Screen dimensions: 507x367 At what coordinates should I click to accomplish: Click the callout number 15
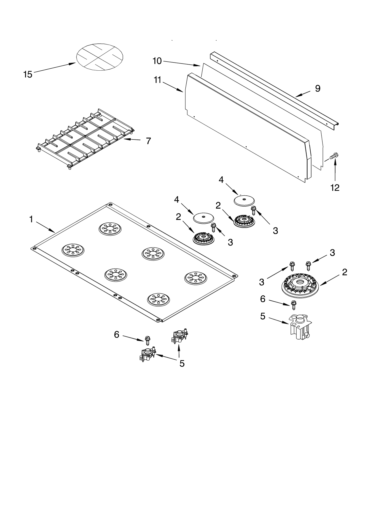(28, 74)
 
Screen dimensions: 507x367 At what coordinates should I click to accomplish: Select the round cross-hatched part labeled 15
(100, 57)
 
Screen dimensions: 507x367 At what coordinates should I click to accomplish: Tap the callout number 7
(148, 141)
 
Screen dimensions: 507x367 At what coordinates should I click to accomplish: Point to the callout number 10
(157, 61)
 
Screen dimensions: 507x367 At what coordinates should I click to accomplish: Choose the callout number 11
(157, 80)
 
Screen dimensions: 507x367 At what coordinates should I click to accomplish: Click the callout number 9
(317, 88)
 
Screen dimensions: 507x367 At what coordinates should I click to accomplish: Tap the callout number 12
(335, 188)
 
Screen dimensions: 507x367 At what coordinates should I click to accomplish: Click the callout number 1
(31, 219)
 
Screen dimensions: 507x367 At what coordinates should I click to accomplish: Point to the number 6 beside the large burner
(263, 299)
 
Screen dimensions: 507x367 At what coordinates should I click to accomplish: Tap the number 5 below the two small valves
(182, 364)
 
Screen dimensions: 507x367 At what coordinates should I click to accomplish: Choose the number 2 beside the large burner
(344, 272)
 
